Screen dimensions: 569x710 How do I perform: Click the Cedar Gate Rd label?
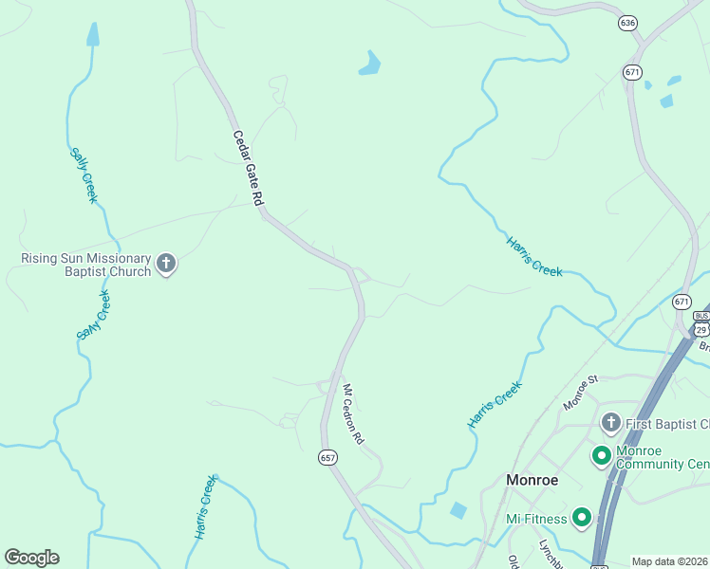tap(247, 169)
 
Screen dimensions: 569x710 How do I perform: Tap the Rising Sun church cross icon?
tap(166, 264)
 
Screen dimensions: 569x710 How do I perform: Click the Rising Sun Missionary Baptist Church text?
tap(86, 265)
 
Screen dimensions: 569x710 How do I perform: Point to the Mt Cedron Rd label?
tap(352, 414)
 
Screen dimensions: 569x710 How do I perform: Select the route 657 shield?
tap(327, 457)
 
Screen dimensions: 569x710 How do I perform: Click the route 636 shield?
tap(626, 23)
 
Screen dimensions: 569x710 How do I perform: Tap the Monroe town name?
tap(532, 480)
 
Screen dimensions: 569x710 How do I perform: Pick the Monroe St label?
tap(580, 393)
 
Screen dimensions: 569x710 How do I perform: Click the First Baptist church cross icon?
tap(610, 422)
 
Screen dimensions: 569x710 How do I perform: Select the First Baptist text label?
tap(665, 423)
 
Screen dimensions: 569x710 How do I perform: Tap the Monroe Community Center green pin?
tap(601, 456)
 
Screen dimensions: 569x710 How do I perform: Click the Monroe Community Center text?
tap(663, 457)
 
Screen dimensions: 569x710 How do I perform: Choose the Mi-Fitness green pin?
tap(581, 518)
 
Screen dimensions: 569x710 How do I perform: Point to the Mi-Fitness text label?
tap(535, 518)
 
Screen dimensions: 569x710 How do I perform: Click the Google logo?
tap(31, 558)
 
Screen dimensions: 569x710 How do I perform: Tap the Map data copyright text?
tap(670, 561)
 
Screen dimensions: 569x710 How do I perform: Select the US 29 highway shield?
tap(701, 329)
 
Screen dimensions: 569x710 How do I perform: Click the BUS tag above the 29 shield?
tap(701, 316)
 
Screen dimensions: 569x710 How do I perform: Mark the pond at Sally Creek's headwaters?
tap(92, 35)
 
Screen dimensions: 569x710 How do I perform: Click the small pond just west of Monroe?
tap(458, 510)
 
